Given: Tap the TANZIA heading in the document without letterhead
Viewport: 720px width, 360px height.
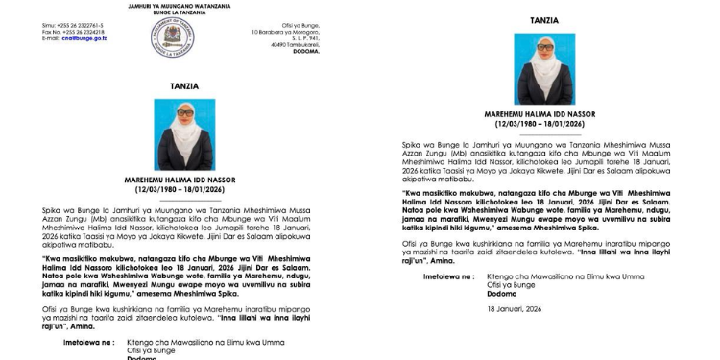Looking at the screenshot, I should pos(545,20).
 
